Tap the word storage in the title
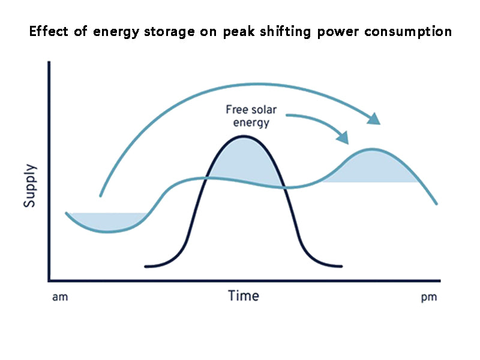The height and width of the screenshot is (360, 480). pos(170,32)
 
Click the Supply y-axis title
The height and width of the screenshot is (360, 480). pos(30,186)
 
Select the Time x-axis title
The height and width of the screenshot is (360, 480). pos(244,296)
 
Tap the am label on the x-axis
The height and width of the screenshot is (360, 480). pos(60,297)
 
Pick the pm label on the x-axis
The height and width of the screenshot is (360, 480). pos(429,297)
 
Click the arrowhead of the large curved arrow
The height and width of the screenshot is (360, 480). pos(374,118)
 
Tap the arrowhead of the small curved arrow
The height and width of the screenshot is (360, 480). pos(342,137)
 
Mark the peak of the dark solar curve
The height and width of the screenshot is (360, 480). pos(243,136)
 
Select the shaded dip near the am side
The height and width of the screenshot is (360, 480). pos(108,221)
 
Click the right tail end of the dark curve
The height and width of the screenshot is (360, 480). pos(341,266)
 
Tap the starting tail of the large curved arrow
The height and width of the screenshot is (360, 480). pos(100,196)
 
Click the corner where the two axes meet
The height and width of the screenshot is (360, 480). pos(49,280)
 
